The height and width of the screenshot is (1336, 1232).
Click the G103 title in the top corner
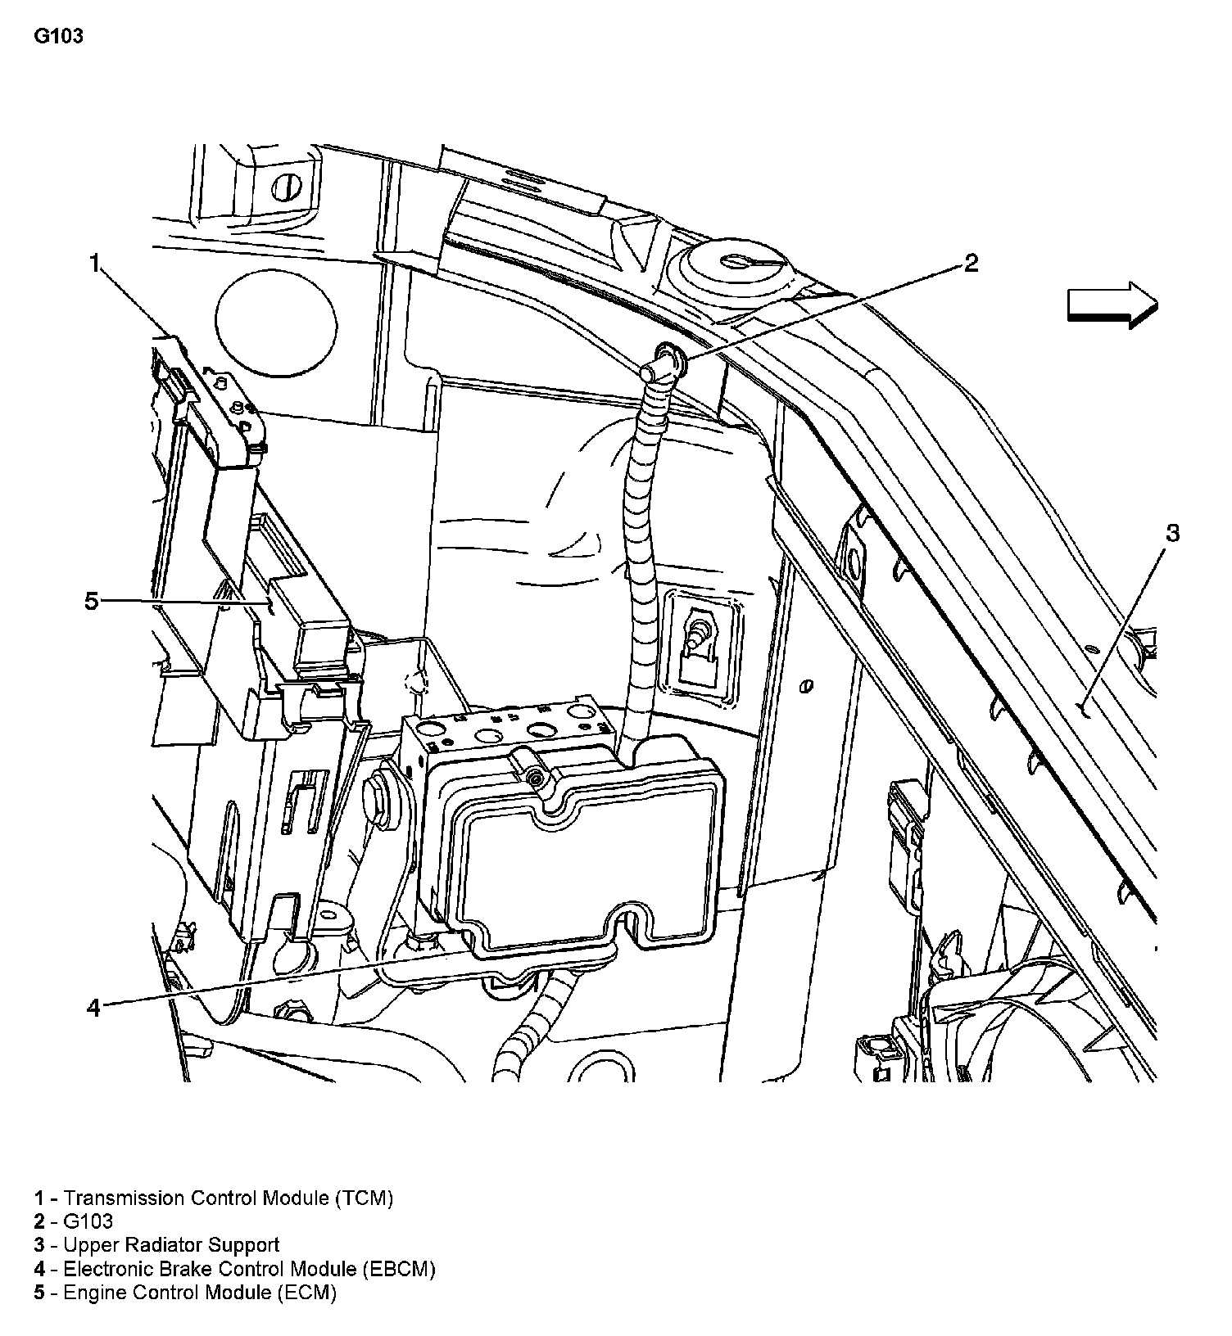click(58, 37)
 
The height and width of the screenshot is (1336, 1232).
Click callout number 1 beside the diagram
click(95, 263)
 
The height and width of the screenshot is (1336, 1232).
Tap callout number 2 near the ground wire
click(970, 263)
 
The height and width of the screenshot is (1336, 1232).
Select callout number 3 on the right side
click(1172, 534)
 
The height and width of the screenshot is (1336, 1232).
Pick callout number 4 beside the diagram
click(93, 1008)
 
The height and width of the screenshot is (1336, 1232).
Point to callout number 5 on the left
click(92, 602)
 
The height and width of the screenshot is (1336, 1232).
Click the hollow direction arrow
click(1112, 305)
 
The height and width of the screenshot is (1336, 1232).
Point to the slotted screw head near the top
click(286, 187)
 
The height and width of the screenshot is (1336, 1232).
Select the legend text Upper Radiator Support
click(171, 1245)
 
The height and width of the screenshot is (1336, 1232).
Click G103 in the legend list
click(88, 1221)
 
